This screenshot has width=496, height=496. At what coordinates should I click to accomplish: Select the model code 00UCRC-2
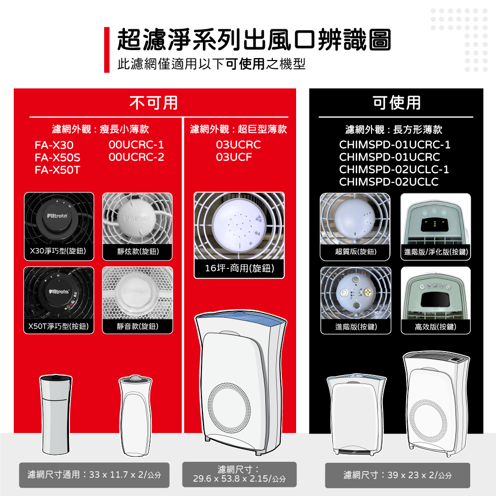136,158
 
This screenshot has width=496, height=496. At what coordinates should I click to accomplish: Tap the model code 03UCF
234,158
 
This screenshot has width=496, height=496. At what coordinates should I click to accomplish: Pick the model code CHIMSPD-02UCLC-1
394,170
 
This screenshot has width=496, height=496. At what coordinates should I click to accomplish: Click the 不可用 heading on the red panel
154,103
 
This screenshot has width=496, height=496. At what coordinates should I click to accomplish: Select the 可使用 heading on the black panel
397,103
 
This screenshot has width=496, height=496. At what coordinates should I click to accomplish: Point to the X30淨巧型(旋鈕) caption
59,251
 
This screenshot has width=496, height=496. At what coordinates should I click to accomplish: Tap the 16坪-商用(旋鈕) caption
239,268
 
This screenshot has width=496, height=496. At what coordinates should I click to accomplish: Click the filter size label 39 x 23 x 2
397,475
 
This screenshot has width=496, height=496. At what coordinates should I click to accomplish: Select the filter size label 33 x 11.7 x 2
94,475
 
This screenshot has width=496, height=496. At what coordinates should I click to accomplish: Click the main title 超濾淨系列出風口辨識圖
253,40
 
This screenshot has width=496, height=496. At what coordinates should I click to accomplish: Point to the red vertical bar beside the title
107,50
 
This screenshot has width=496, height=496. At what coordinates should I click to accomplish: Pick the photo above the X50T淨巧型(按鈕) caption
59,293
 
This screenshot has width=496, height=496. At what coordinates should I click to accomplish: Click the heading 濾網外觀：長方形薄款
394,130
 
